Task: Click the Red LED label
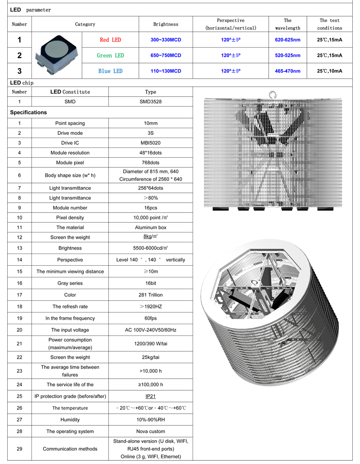click(x=110, y=40)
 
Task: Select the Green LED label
click(x=110, y=55)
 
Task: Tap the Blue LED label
click(x=110, y=71)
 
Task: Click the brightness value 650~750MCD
click(x=166, y=55)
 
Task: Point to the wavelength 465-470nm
click(x=288, y=71)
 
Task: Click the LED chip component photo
click(x=56, y=55)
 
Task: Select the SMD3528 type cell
click(x=150, y=102)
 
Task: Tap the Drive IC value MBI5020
click(x=150, y=143)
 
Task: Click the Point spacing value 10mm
click(x=150, y=123)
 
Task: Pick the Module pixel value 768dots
click(x=150, y=163)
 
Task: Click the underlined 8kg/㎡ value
click(x=150, y=237)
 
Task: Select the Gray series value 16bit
click(x=150, y=283)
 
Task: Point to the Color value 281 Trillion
click(x=150, y=295)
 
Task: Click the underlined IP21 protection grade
click(x=150, y=397)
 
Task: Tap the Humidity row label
click(x=70, y=419)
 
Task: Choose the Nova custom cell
click(x=150, y=431)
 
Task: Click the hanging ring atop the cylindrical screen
click(x=273, y=94)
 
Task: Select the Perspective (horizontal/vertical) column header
click(x=230, y=24)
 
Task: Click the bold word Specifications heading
click(x=28, y=112)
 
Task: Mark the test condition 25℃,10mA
click(x=329, y=71)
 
